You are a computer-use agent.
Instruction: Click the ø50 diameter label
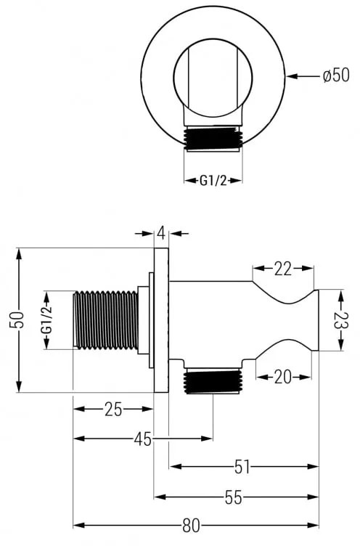click(x=335, y=75)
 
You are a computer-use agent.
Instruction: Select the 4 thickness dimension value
click(x=161, y=233)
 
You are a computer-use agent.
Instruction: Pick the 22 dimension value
click(x=283, y=269)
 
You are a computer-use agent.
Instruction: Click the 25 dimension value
click(x=112, y=409)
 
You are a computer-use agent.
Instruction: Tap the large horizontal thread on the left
click(x=105, y=320)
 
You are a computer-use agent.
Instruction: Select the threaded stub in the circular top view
click(x=212, y=139)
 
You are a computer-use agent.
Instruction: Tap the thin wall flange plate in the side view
click(x=161, y=320)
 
